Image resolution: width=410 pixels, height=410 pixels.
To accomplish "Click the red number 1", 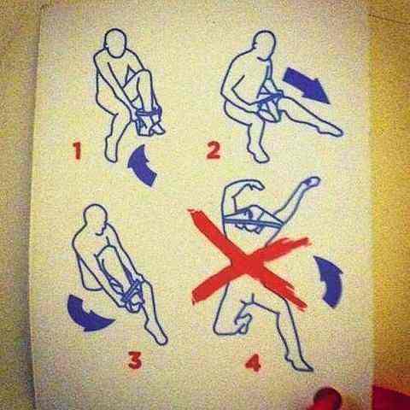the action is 77,150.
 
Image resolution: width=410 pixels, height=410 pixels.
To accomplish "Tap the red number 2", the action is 214,150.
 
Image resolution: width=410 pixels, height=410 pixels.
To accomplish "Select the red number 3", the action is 135,360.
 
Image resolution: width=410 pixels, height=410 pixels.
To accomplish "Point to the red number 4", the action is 253,363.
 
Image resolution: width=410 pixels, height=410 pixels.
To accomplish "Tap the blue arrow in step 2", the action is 306,85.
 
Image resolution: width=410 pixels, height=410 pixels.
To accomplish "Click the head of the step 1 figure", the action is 115,43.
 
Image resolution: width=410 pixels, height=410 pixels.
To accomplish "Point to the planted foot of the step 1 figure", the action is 111,151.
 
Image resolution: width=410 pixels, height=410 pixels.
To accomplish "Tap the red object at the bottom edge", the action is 327,399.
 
